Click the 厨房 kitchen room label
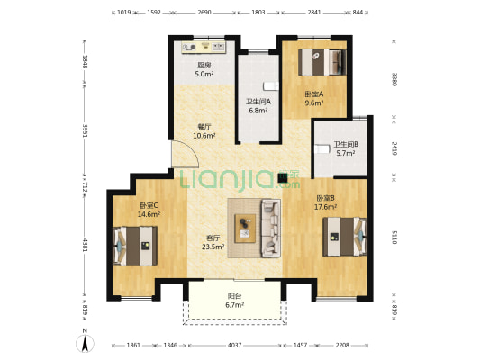click(204, 65)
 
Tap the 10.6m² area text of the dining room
click(204, 135)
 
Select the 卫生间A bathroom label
click(258, 102)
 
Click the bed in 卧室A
click(322, 62)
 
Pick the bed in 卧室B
click(345, 237)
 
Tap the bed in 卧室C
click(135, 246)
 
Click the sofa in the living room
click(270, 228)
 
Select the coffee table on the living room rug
click(245, 229)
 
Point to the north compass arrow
click(85, 343)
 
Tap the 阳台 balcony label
click(235, 296)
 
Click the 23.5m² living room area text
click(213, 247)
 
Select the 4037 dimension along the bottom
click(235, 345)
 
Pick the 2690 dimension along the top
click(204, 13)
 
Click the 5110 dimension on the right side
click(394, 238)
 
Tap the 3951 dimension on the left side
click(85, 130)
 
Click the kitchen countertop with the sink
click(204, 48)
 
